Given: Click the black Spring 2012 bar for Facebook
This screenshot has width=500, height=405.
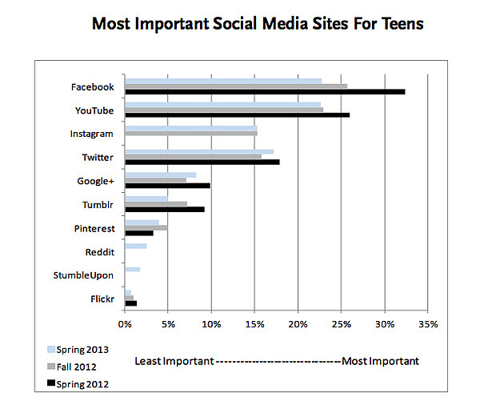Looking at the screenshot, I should (264, 92).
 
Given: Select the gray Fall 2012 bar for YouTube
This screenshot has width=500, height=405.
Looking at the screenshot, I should (224, 110).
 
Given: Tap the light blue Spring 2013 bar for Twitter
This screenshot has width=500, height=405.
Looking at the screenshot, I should (199, 151).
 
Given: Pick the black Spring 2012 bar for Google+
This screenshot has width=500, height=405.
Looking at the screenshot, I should (167, 186).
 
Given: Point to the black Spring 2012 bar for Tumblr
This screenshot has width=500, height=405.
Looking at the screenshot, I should (164, 209).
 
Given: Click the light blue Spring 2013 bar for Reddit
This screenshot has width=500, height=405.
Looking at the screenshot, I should (135, 246).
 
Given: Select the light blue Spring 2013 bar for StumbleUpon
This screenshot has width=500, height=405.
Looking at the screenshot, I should (132, 270).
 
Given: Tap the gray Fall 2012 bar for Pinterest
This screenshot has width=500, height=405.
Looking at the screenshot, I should (146, 228).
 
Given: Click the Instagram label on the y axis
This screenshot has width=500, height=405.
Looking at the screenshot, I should (91, 134).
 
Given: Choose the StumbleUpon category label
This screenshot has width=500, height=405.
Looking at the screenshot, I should (83, 275).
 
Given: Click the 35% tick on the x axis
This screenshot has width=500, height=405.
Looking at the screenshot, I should (428, 324).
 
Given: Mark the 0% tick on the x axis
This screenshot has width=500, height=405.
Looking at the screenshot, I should (125, 324).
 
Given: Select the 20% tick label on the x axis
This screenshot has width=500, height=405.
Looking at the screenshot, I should (298, 324).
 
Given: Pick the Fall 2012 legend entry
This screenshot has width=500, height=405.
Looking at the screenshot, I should (77, 367).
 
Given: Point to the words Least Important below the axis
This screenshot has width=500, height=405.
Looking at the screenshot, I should (174, 361).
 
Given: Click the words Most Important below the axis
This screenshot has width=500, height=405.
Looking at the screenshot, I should (380, 361).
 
